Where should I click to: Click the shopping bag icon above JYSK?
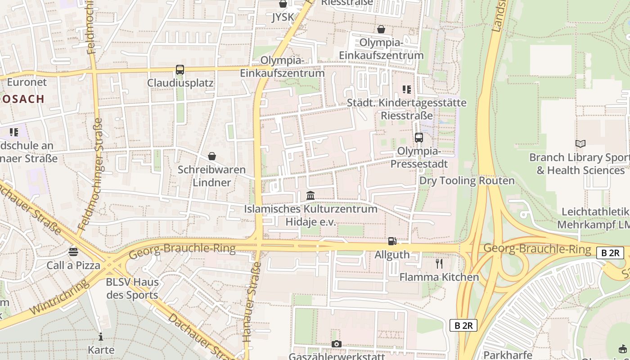pyautogui.click(x=283, y=4)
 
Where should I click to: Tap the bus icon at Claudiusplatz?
pyautogui.click(x=180, y=70)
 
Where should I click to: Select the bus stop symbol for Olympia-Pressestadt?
pyautogui.click(x=419, y=138)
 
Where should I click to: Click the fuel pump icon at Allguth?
pyautogui.click(x=392, y=241)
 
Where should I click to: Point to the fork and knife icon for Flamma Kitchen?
pyautogui.click(x=439, y=264)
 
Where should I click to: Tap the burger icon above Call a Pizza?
pyautogui.click(x=73, y=252)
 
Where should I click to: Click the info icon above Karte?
pyautogui.click(x=101, y=337)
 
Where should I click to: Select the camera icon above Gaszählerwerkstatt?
pyautogui.click(x=336, y=344)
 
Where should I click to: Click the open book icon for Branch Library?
pyautogui.click(x=580, y=144)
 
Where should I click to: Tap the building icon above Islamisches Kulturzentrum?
pyautogui.click(x=310, y=196)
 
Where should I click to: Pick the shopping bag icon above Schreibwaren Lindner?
pyautogui.click(x=211, y=156)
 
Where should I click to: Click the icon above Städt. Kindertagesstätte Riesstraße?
pyautogui.click(x=407, y=90)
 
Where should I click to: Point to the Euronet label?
pyautogui.click(x=27, y=82)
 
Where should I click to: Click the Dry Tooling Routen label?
pyautogui.click(x=467, y=181)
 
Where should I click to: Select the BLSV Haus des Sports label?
pyautogui.click(x=132, y=289)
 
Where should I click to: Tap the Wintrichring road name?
pyautogui.click(x=58, y=298)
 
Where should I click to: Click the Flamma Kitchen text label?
pyautogui.click(x=439, y=277)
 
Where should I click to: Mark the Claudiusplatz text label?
pyautogui.click(x=180, y=83)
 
